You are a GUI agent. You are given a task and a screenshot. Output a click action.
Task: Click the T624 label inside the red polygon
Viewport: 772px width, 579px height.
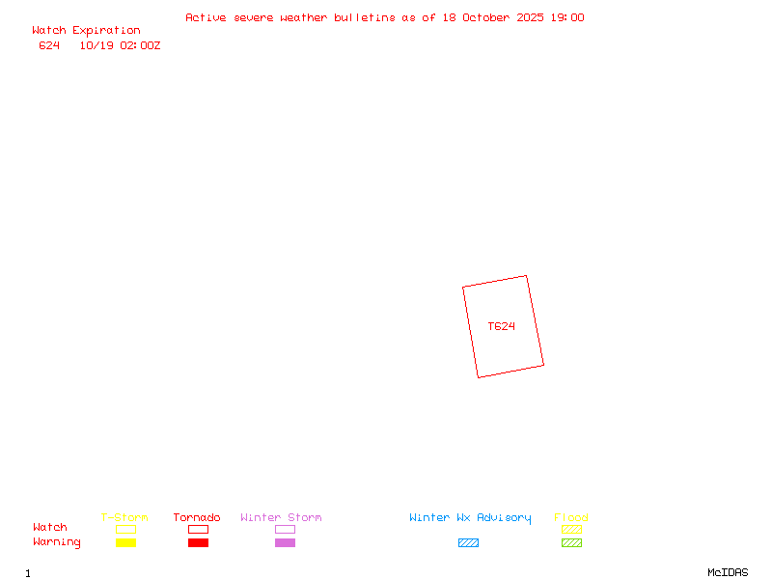(x=501, y=326)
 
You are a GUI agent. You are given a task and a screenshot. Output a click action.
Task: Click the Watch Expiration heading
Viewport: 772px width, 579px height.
(x=86, y=31)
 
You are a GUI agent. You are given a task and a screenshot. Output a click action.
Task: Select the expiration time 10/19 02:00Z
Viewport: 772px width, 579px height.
(x=120, y=45)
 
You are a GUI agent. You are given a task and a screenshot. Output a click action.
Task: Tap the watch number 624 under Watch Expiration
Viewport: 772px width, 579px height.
(x=49, y=45)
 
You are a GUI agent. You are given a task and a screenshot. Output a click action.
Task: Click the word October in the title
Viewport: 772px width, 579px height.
(x=491, y=17)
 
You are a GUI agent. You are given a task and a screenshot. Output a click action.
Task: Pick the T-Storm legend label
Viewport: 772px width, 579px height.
(x=124, y=518)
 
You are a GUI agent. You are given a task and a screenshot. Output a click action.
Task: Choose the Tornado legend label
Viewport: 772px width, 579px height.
(x=197, y=518)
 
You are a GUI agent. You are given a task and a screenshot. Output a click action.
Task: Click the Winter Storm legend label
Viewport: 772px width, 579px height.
(x=281, y=518)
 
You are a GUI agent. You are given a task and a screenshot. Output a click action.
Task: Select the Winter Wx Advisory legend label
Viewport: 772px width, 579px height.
(x=470, y=518)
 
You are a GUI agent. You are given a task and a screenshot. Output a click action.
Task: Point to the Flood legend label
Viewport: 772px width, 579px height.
(x=571, y=518)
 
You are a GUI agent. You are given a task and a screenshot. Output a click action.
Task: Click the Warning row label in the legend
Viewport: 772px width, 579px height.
(x=57, y=542)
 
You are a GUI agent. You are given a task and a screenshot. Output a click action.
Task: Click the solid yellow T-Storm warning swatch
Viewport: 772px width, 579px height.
(x=125, y=543)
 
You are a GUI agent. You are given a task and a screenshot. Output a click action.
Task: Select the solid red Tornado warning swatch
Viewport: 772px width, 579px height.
(x=198, y=543)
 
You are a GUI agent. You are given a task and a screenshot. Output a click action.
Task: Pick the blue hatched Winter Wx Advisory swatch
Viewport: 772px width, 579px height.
(x=468, y=543)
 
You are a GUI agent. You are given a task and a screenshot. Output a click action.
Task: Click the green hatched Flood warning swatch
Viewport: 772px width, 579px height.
(x=571, y=543)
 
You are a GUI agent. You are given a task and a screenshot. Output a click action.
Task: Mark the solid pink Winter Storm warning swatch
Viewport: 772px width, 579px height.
(x=285, y=543)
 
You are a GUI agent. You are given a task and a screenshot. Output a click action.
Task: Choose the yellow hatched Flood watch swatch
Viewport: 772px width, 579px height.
(x=571, y=530)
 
